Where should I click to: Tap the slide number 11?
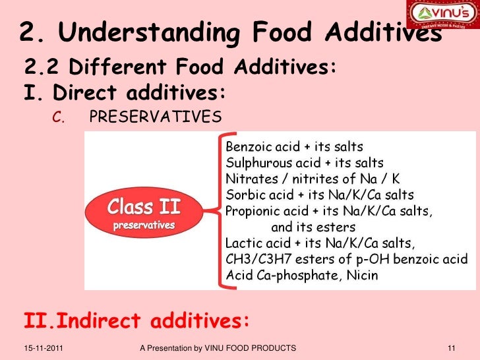click(452, 347)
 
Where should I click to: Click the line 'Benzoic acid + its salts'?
click(294, 146)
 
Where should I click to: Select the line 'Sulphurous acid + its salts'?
click(305, 162)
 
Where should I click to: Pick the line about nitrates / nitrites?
click(313, 179)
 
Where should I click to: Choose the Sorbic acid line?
click(320, 195)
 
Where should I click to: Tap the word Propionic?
click(254, 212)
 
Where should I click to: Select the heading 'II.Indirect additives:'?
click(137, 321)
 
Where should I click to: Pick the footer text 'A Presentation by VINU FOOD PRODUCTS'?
click(218, 347)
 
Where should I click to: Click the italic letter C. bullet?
click(58, 118)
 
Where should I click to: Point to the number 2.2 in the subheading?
click(42, 67)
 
